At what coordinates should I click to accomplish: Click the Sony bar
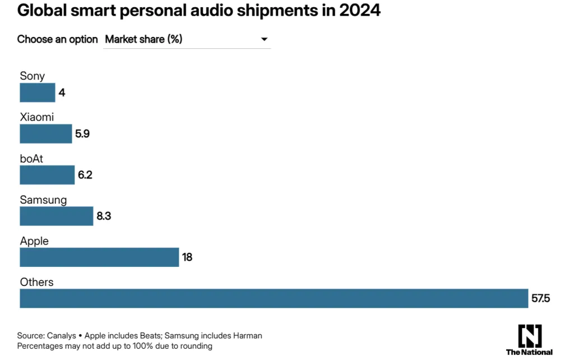coord(38,93)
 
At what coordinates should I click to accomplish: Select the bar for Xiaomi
coord(46,133)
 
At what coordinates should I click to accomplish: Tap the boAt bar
coord(47,175)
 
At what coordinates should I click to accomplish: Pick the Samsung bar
coord(56,216)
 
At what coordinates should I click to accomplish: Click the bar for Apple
coord(99,257)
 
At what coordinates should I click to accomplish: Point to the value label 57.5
coord(540,298)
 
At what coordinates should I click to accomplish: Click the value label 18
coord(187,257)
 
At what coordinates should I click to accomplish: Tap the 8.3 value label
coord(104,216)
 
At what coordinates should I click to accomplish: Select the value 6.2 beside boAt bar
coord(85,175)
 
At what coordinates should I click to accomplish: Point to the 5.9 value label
coord(82,134)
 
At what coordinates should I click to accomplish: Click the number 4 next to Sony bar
coord(62,93)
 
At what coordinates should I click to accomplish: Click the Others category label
coord(36,282)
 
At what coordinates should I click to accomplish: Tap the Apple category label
coord(34,241)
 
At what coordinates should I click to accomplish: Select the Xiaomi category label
coord(37,118)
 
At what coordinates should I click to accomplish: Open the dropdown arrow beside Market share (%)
coord(264,39)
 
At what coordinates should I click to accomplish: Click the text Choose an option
coord(57,39)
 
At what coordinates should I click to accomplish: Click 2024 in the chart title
coord(359,11)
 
